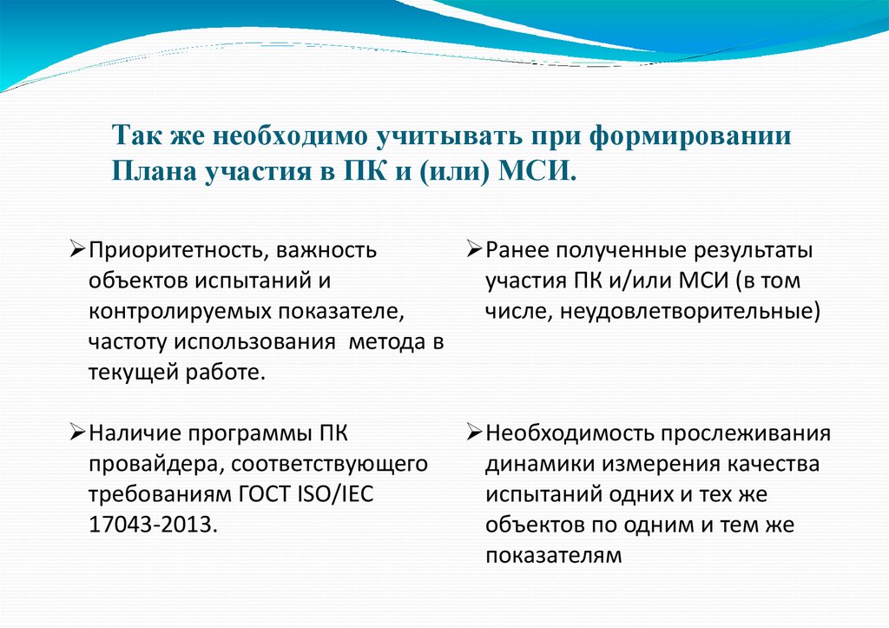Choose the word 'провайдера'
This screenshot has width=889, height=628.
coord(154,463)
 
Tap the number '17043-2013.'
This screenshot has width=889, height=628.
coord(148,524)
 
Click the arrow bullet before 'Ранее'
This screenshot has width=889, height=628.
coord(473,250)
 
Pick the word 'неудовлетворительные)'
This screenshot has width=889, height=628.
coord(690,310)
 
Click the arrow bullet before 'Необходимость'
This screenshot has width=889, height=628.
coord(473,432)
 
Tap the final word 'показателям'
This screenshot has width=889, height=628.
coord(553,555)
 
